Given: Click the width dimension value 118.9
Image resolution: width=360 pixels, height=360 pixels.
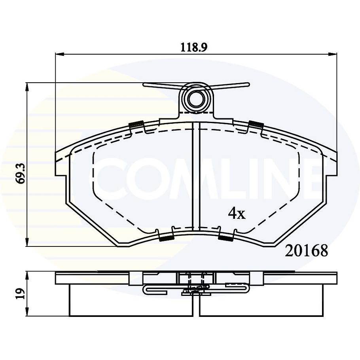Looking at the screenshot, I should point(194,47).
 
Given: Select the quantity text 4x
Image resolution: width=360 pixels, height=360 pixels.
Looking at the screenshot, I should point(237,214).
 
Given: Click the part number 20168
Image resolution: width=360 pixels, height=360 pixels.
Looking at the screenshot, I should point(306,250).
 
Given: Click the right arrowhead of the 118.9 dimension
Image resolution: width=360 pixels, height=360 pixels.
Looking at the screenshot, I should point(333,55).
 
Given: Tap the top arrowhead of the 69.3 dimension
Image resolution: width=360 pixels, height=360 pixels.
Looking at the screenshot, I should point(27,86).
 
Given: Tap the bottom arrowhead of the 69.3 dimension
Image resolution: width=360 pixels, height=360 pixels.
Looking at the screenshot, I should point(27,243).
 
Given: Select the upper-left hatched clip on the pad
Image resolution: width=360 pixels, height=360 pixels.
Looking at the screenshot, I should point(136,124).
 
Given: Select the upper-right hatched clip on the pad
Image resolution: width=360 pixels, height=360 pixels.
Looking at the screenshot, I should point(256,124).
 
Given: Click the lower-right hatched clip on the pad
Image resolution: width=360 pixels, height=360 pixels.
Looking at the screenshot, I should point(226,238).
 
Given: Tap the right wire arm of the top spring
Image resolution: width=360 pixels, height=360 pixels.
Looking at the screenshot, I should point(231,85).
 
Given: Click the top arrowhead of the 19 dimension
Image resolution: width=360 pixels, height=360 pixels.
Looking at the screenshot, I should point(27,274).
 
